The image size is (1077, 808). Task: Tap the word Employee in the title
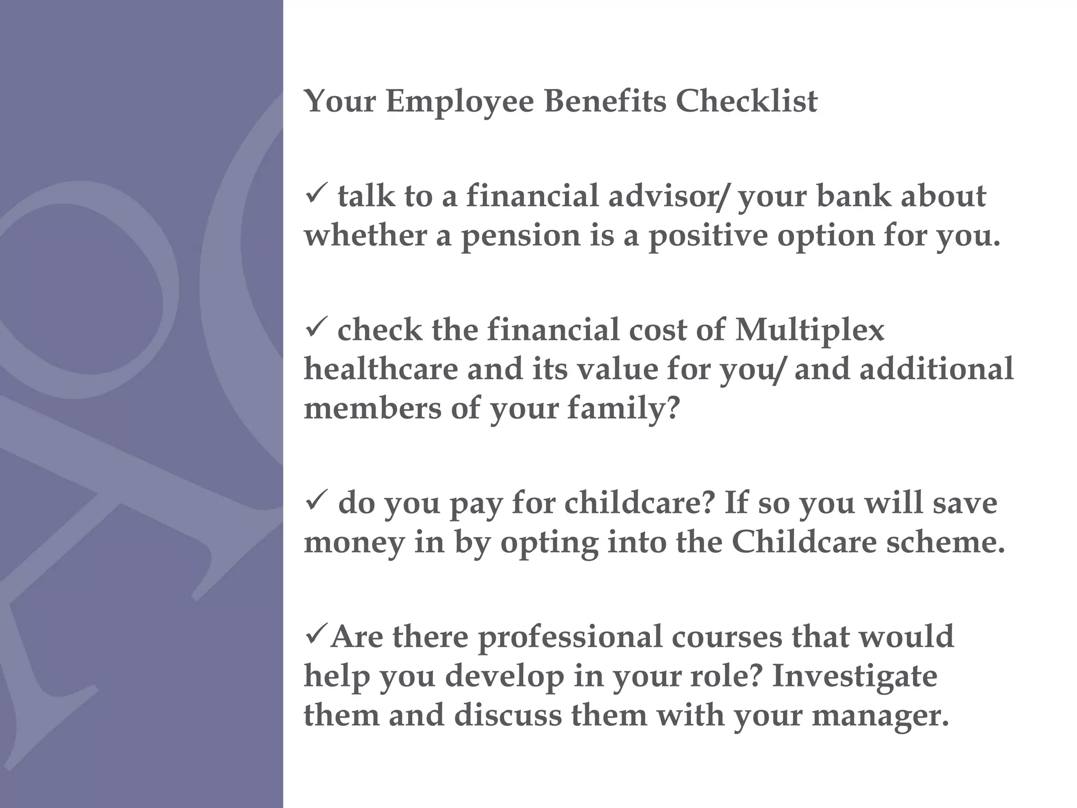pos(459,102)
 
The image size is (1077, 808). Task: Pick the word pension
pos(520,236)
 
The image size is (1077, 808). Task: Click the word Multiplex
pos(809,330)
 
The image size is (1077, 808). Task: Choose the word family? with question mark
pos(623,409)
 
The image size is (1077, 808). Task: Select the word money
pos(354,543)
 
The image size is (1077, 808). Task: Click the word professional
pos(570,638)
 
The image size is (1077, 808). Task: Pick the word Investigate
pos(855,676)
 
